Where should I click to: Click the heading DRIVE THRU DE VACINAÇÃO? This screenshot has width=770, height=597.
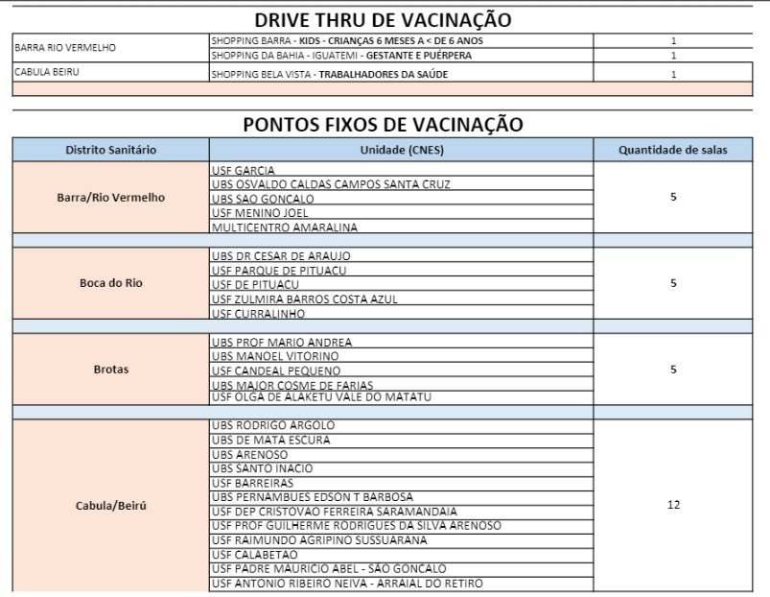tap(383, 19)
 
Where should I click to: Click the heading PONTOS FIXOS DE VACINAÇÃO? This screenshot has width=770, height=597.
tap(383, 124)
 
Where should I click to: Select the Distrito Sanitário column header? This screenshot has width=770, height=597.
tap(110, 150)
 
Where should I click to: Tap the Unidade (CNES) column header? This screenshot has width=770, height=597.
tap(401, 150)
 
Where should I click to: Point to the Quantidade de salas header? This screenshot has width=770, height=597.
tap(672, 150)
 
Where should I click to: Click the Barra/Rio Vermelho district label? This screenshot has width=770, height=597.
tap(110, 198)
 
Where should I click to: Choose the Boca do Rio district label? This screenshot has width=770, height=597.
tap(110, 283)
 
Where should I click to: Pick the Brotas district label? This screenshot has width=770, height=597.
tap(110, 370)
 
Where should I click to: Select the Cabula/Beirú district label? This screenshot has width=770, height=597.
tap(110, 505)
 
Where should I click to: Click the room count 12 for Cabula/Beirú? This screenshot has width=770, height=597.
tap(673, 505)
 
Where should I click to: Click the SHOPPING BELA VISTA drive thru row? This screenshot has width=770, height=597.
tap(329, 74)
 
